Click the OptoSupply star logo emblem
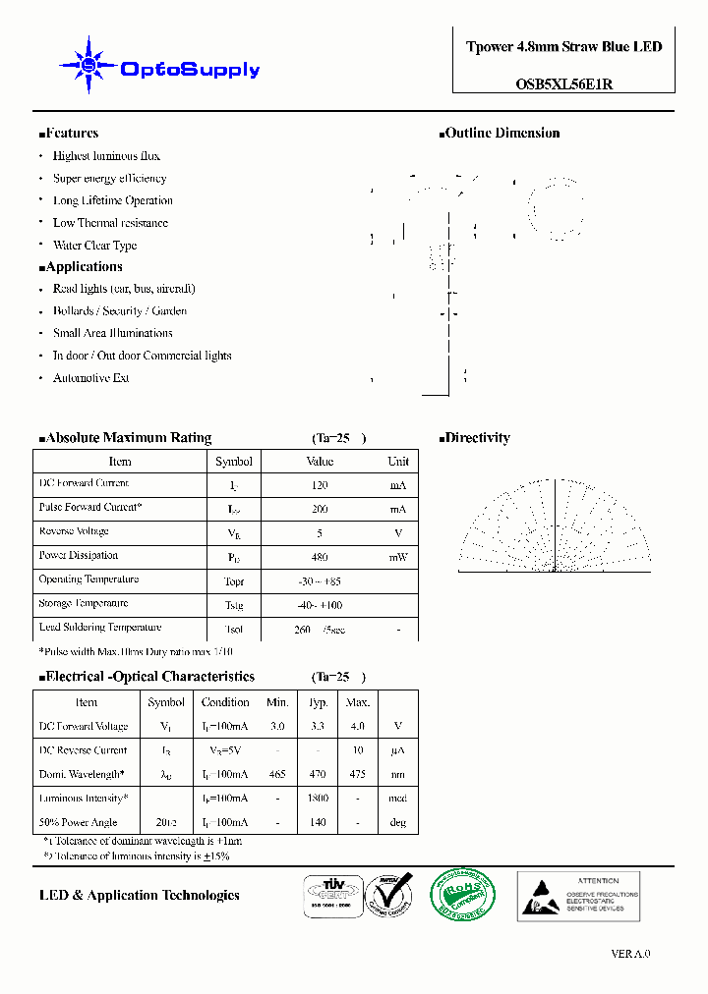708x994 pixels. coord(88,66)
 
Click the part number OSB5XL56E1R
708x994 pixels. coord(563,83)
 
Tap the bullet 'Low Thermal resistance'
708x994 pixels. coord(110,223)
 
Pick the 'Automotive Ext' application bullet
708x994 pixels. coord(90,378)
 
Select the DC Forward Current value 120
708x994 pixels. coord(320,485)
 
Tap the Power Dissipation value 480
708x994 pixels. coord(320,557)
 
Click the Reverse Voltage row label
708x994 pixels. coord(74,531)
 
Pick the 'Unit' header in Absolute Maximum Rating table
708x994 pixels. coord(398,462)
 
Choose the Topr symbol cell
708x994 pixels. coord(233,581)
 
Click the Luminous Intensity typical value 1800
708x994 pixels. coord(318,800)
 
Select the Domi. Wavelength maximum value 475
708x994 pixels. coord(357,775)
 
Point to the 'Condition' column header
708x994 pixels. coord(225,702)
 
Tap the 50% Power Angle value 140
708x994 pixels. coord(318,823)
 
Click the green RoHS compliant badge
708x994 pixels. coord(463,895)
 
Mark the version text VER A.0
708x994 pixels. coord(630,954)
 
